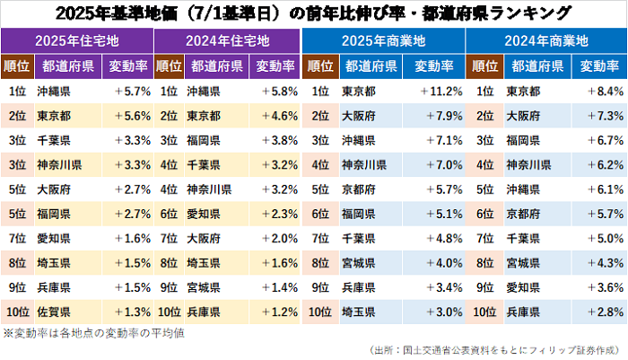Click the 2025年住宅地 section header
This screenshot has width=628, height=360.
(77, 41)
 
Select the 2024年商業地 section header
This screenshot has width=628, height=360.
(545, 41)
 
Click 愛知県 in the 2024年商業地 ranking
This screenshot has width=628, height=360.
(524, 287)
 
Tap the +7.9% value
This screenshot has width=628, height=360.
(436, 116)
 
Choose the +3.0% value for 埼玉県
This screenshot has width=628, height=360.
(436, 312)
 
